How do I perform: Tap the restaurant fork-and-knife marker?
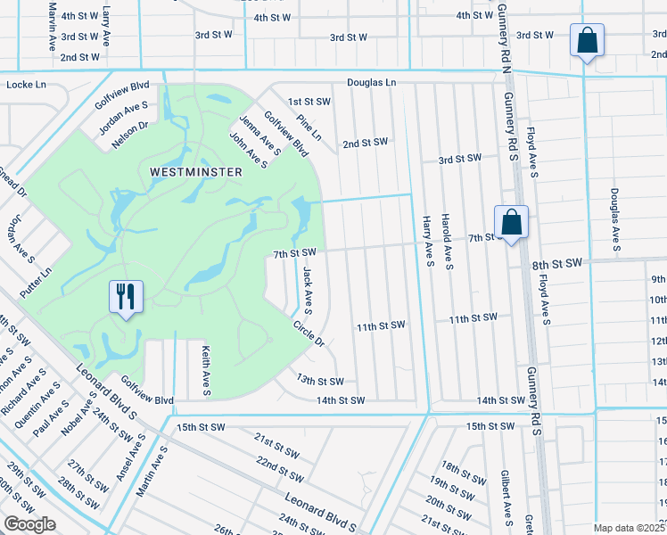126,296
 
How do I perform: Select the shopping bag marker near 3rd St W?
588,40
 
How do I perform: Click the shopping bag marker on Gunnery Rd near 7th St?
512,223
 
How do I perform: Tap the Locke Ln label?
25,85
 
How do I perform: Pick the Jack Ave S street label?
307,291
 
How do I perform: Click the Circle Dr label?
308,333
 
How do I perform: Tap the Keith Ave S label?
205,371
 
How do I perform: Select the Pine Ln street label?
309,128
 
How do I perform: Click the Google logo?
29,523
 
